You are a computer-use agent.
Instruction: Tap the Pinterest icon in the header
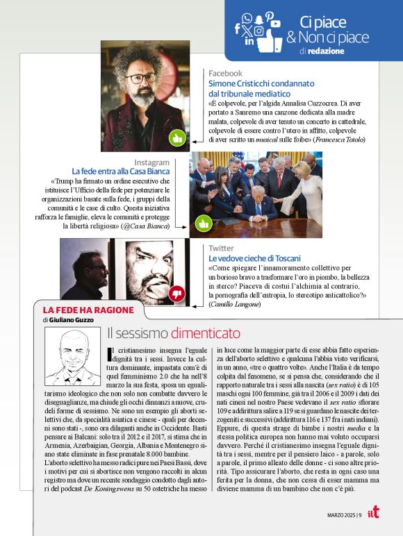[269, 16]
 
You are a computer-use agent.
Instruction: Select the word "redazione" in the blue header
[322, 51]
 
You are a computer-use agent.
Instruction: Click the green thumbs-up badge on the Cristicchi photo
[176, 137]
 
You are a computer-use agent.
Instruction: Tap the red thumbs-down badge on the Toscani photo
[176, 294]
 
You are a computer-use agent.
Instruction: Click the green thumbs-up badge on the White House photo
[204, 224]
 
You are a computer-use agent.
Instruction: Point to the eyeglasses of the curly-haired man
[142, 78]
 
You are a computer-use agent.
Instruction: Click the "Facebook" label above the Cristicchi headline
[225, 73]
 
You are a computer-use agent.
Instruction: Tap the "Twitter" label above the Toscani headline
[221, 248]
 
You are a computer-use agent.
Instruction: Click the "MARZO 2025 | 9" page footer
[345, 514]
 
